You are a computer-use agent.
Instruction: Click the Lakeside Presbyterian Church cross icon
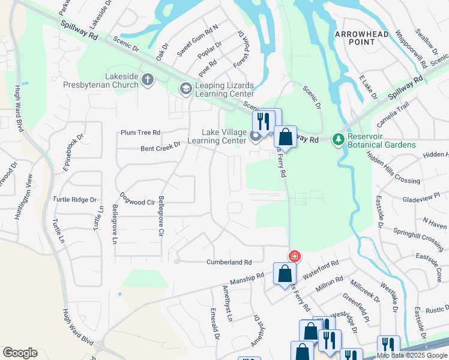[148, 79]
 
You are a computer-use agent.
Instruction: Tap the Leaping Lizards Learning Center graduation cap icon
[185, 89]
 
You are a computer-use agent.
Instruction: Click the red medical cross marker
[294, 256]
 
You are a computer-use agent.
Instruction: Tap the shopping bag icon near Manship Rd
[285, 274]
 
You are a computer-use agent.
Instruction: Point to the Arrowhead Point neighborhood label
[361, 38]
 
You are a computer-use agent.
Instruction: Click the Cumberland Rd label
[229, 262]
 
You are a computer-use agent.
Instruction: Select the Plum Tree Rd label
[140, 132]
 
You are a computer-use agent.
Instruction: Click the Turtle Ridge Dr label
[74, 199]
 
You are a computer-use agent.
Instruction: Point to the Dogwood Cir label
[137, 199]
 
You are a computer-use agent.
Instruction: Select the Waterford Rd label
[321, 268]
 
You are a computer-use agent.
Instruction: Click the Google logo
[20, 353]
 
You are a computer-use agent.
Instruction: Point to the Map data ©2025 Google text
[412, 355]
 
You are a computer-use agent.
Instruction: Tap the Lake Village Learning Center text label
[217, 136]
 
